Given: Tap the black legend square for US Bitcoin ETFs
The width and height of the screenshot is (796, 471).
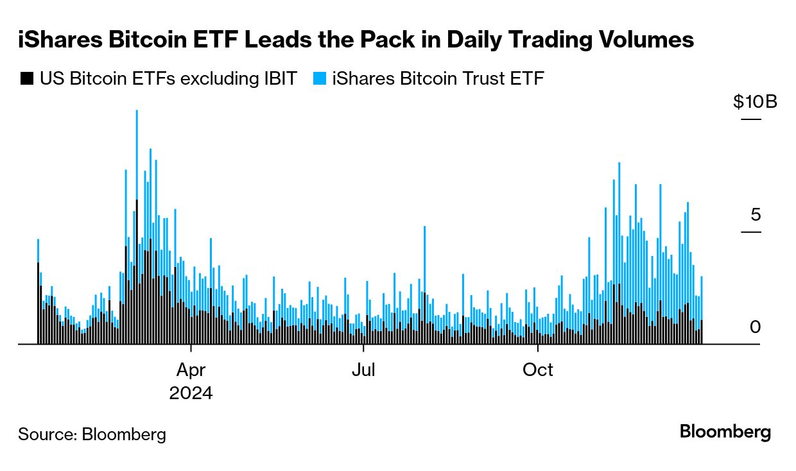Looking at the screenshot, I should [26, 79].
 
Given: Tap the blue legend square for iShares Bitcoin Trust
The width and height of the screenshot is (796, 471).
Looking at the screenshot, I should [319, 79].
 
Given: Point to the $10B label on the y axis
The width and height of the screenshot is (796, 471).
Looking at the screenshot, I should [755, 102].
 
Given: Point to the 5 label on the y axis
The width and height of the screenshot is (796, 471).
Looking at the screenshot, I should [755, 214].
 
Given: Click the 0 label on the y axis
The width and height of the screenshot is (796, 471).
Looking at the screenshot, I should [755, 327].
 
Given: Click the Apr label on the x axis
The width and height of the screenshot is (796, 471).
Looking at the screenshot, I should [191, 370].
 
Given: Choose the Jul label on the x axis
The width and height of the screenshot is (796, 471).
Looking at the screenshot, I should [363, 370].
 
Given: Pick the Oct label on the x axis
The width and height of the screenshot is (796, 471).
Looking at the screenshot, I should [537, 370].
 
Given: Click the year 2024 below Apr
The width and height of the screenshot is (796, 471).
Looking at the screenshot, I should [191, 393].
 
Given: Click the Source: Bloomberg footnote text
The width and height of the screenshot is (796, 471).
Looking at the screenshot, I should [92, 434].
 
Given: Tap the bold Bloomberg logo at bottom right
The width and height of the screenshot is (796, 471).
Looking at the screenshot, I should [725, 432].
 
